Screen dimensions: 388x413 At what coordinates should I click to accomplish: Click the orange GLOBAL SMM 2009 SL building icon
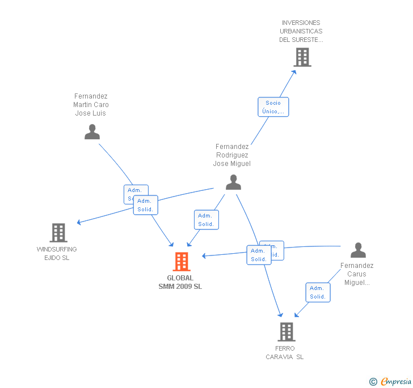point(182,262)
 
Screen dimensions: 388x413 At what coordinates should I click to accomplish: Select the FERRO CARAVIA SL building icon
point(286,331)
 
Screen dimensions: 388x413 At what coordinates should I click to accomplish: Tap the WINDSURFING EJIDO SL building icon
point(58,233)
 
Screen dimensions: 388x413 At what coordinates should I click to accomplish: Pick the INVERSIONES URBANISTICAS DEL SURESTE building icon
point(302,57)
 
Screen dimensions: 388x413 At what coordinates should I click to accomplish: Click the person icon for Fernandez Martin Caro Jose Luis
point(92,132)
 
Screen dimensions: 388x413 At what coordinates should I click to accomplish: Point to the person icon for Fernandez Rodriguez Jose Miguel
point(233,182)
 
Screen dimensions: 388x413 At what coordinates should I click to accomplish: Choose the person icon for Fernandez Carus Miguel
point(358,250)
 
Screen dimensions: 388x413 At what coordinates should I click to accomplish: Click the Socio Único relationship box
point(273,107)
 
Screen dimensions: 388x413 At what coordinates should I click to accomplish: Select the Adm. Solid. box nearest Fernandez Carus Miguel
point(318,292)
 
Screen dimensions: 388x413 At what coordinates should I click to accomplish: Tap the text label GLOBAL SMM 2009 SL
point(180,282)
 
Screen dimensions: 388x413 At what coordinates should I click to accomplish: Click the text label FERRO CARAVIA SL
point(285,352)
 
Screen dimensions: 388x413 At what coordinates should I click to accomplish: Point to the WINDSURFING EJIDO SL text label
point(57,253)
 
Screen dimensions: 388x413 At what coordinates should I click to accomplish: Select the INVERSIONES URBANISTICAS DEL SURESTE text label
point(301,31)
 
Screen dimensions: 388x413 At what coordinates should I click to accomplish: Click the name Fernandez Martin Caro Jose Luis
point(91,105)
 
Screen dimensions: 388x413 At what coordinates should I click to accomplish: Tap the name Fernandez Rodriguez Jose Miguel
point(232,155)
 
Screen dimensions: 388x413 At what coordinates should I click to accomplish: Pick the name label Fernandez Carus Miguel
point(357,274)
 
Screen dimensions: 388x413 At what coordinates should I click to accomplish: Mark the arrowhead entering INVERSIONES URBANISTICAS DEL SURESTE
point(294,71)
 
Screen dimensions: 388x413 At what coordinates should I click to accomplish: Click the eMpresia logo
point(395,381)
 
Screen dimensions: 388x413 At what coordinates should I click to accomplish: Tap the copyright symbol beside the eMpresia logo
point(373,382)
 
